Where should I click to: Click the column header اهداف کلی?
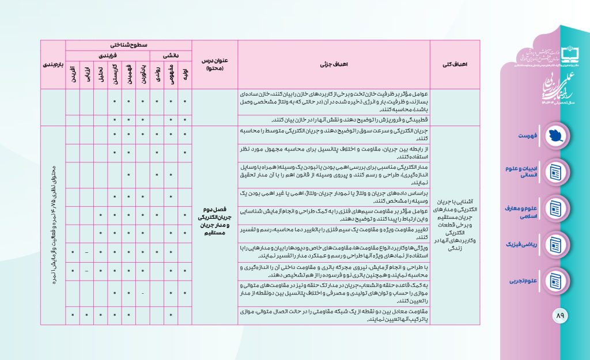pos(463,65)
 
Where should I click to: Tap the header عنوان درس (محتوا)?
pos(214,65)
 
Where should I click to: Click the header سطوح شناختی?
pos(128,44)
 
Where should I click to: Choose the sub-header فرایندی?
pos(108,55)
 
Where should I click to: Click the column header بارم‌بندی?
pos(53,65)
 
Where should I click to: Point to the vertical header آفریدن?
pos(73,75)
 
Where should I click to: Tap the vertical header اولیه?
pos(185,75)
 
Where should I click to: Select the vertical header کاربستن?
pos(115,75)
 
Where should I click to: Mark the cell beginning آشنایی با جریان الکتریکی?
pos(463,222)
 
